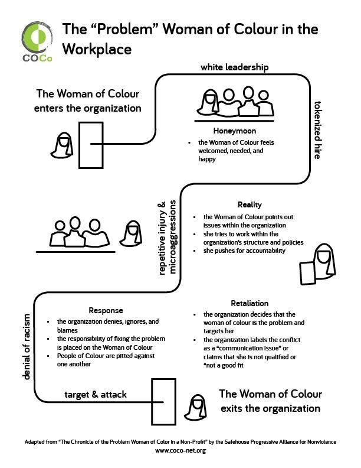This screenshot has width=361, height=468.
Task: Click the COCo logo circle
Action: click(x=37, y=37)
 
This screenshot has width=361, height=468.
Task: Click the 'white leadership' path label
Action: click(x=234, y=67)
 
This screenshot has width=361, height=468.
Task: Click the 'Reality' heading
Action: click(x=250, y=204)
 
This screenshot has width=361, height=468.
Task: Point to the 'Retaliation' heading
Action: click(x=250, y=303)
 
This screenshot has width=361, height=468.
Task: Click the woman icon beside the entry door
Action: click(x=61, y=146)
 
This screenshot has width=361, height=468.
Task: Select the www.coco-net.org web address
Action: click(x=180, y=451)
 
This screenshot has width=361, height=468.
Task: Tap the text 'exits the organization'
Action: click(x=270, y=408)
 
